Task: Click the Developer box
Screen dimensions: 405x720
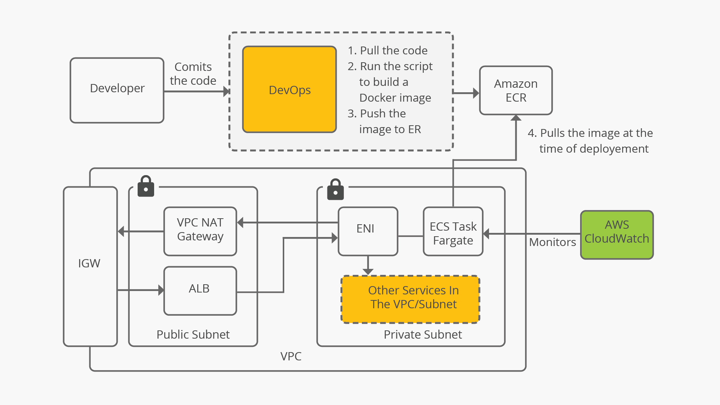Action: (117, 90)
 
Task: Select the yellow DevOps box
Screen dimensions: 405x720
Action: (289, 90)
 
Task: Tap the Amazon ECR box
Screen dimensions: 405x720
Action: (516, 90)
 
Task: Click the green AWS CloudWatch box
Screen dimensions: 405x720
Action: (617, 235)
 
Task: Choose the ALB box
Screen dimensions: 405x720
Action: (200, 291)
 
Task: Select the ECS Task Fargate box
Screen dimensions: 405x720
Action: (453, 231)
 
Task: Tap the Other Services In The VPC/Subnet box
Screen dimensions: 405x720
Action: (411, 299)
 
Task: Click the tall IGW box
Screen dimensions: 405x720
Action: (90, 266)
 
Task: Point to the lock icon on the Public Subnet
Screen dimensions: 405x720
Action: (146, 186)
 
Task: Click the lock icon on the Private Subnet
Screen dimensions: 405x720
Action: (335, 189)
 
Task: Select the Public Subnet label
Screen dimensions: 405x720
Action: (193, 334)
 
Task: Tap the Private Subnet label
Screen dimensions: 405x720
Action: (423, 334)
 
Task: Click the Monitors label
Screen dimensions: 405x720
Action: (552, 242)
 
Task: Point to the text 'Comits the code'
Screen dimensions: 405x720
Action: (193, 74)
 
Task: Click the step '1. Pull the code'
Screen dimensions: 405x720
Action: (388, 50)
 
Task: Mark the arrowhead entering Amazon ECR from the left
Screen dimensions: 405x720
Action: (476, 93)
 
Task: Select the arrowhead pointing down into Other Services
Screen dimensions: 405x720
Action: (368, 271)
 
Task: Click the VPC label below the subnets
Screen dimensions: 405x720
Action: (291, 356)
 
